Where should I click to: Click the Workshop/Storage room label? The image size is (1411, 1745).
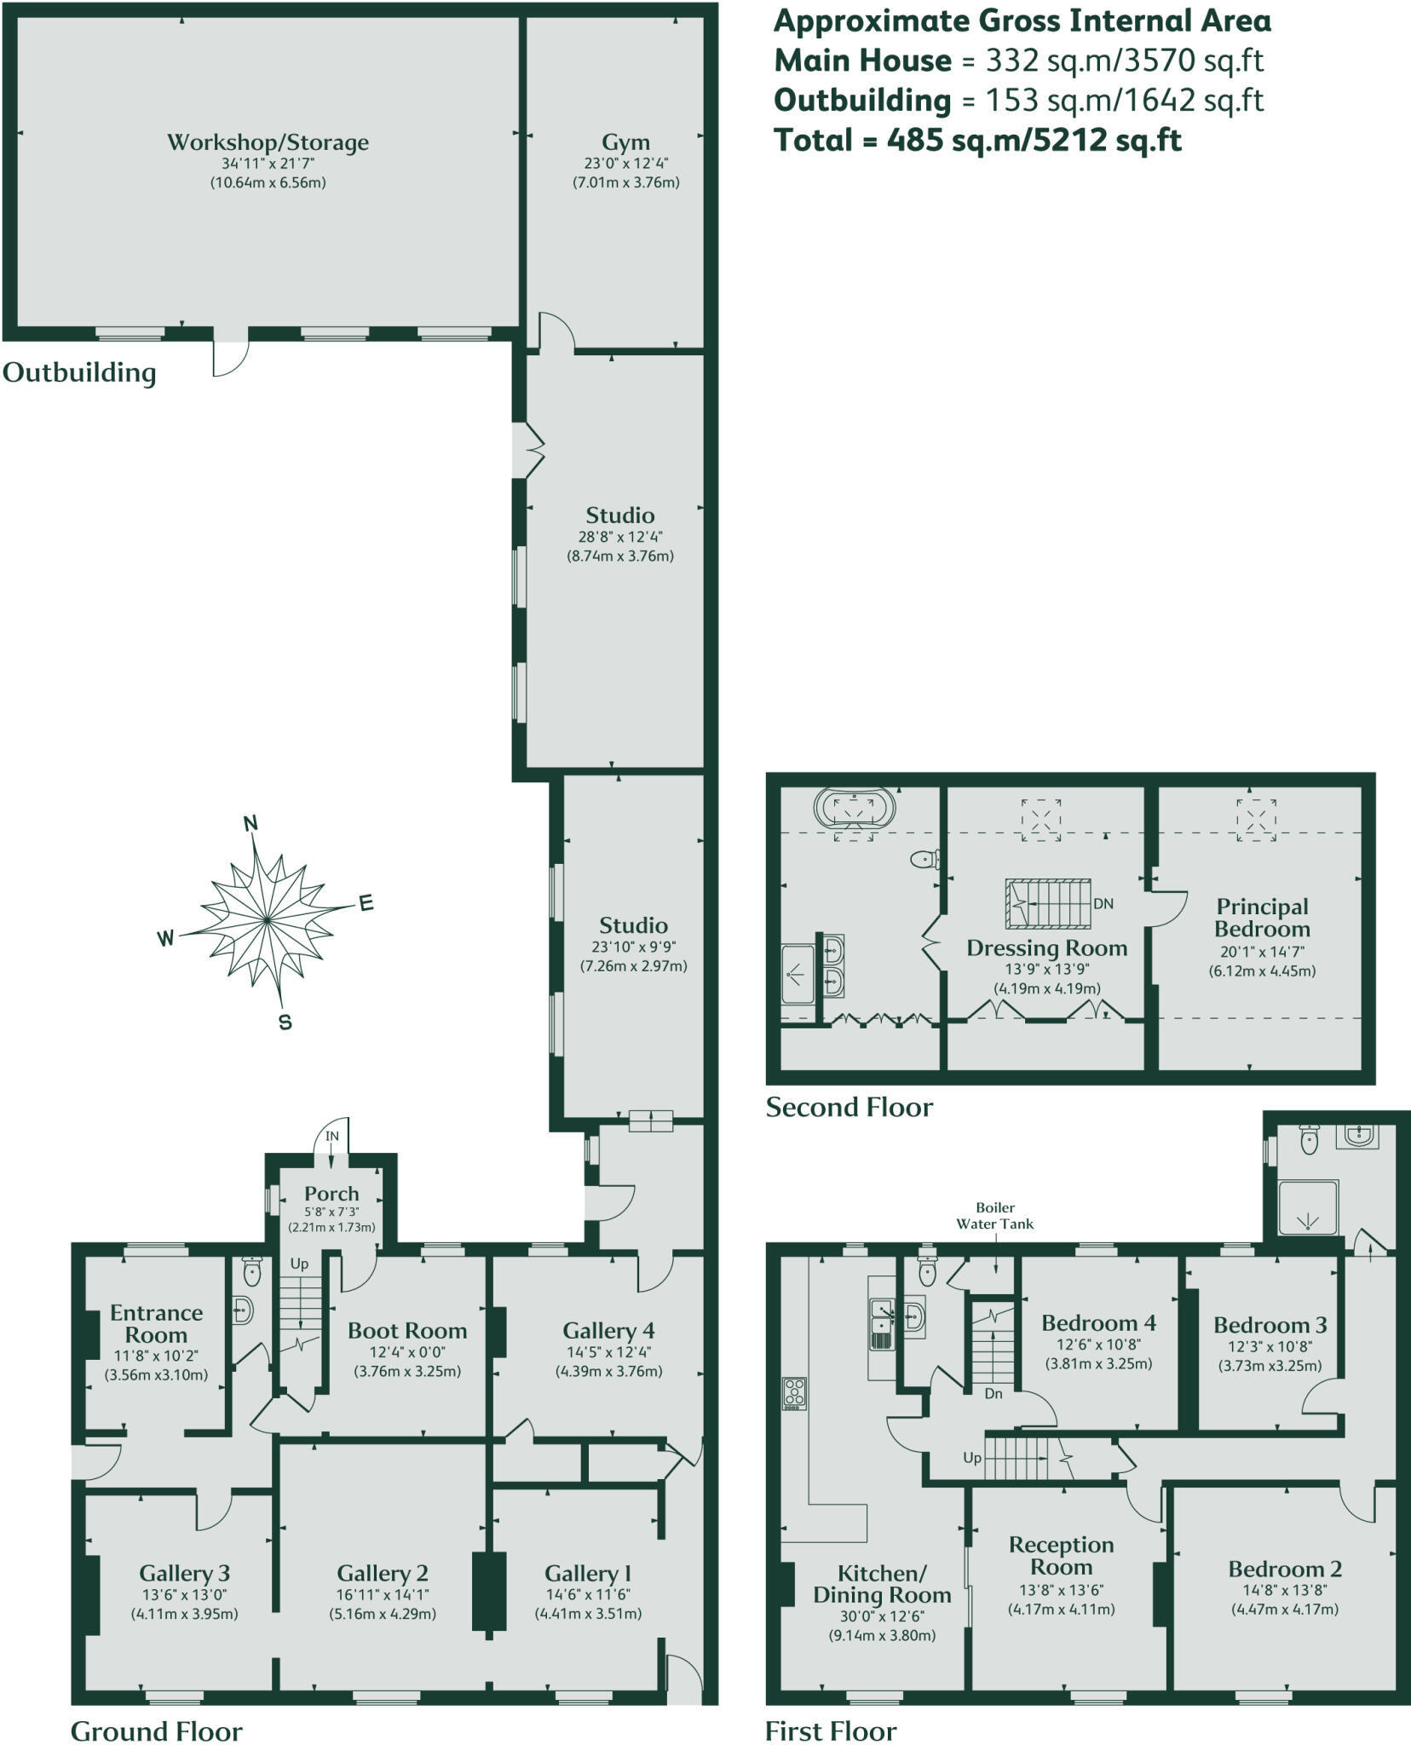point(268,142)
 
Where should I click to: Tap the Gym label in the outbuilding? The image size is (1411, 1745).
point(625,142)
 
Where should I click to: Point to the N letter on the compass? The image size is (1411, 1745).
point(251,823)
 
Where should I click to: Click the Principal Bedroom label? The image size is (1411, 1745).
point(1262,918)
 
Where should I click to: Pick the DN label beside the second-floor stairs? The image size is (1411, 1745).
point(1103,904)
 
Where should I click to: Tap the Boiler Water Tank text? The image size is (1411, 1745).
point(995,1216)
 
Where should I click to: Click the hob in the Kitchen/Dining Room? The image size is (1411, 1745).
point(794,1393)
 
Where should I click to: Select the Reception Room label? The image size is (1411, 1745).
point(1061,1556)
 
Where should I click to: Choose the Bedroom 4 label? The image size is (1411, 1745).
point(1098,1323)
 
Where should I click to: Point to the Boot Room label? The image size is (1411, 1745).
point(407,1331)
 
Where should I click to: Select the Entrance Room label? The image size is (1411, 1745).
point(156,1324)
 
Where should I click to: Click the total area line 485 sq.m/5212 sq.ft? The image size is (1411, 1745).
point(977,140)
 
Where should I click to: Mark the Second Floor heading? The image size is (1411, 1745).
point(849,1108)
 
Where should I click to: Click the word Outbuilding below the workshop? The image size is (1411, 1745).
point(79,373)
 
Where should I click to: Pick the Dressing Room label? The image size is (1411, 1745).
point(1046,948)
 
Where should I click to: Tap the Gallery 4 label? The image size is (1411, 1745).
point(608,1331)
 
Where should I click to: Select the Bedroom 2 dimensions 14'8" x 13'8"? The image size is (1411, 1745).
point(1284,1590)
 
